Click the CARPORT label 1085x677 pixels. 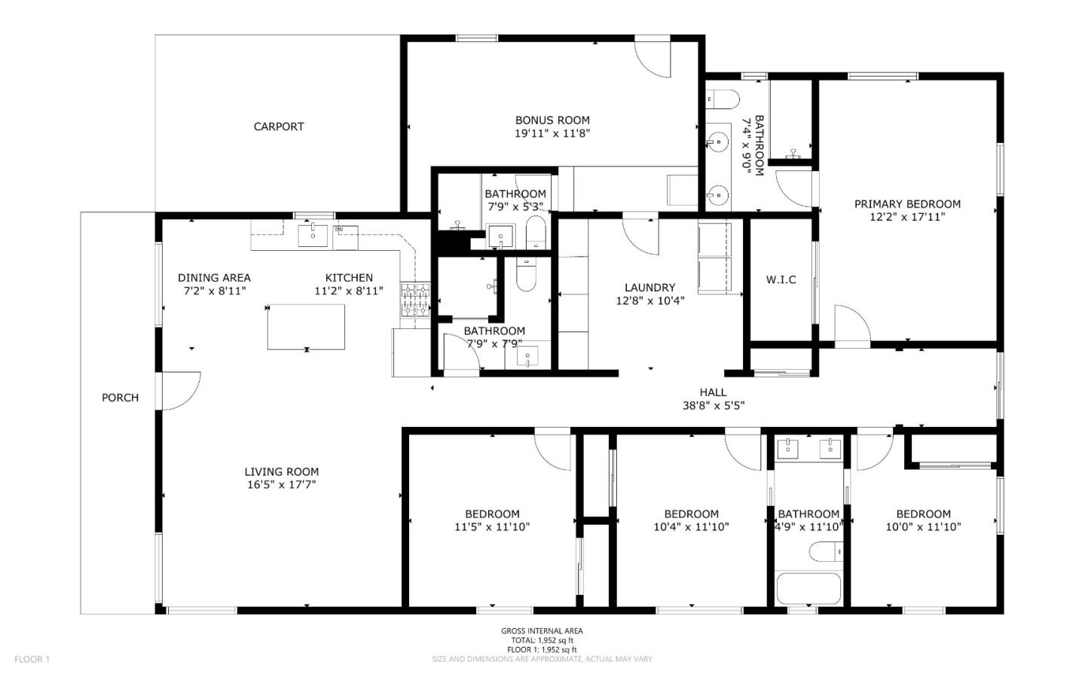(278, 127)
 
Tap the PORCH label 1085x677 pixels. (120, 398)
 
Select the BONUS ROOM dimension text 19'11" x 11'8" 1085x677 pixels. (552, 133)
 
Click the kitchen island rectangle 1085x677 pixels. (306, 327)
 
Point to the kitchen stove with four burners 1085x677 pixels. (414, 299)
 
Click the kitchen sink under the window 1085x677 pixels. (313, 235)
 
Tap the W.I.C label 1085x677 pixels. (781, 279)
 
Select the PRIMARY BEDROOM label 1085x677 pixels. (906, 203)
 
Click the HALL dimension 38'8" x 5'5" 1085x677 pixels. (713, 405)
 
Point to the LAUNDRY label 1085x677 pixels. (649, 287)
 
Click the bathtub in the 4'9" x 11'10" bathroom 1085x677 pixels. (808, 589)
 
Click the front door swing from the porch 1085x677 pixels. (181, 391)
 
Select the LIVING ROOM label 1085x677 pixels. (281, 471)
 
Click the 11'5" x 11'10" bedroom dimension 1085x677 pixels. (491, 527)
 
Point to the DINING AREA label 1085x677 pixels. (214, 277)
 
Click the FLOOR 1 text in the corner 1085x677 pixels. (32, 659)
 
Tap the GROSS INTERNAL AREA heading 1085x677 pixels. (542, 631)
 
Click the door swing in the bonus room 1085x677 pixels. (652, 58)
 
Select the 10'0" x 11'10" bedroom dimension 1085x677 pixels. (923, 527)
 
